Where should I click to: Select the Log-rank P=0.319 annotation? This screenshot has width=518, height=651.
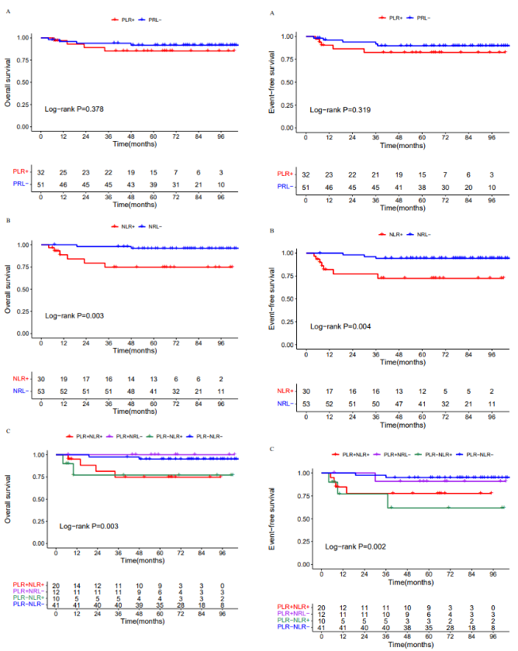point(337,110)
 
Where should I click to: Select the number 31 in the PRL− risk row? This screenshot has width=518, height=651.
point(176,184)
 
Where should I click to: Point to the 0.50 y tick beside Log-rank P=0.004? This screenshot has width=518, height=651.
point(288,299)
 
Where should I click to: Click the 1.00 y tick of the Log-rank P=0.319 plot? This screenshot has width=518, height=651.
point(288,36)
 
